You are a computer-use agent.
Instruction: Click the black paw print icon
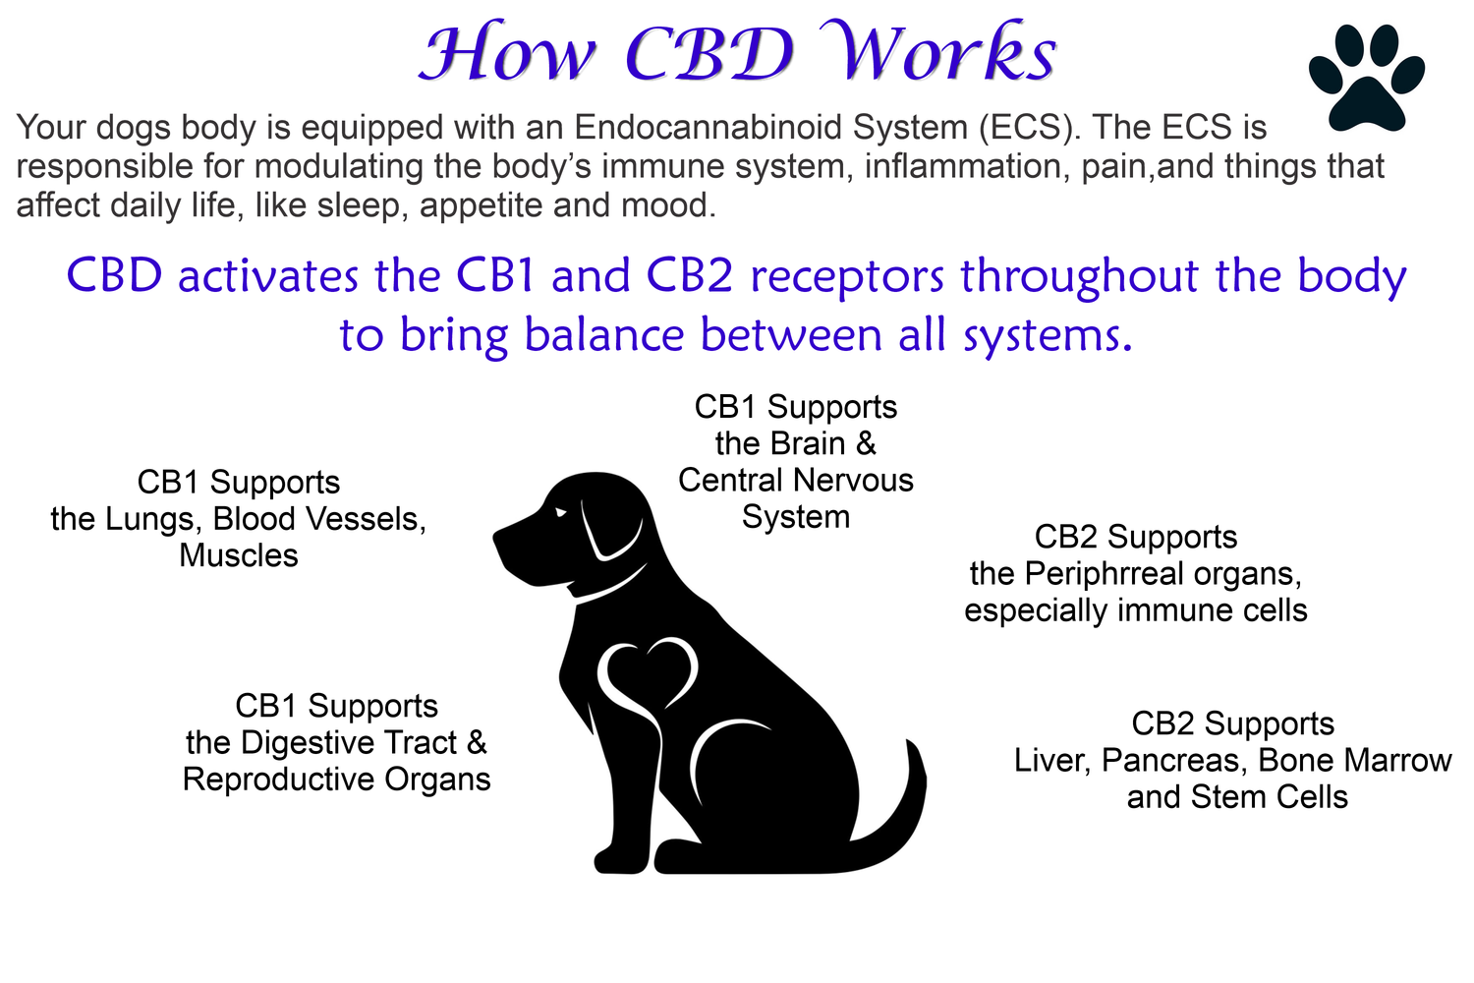pyautogui.click(x=1366, y=78)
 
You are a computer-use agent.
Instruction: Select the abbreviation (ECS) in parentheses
pyautogui.click(x=1030, y=128)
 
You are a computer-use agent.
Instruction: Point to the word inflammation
pyautogui.click(x=963, y=166)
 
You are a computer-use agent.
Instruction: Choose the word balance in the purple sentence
pyautogui.click(x=604, y=334)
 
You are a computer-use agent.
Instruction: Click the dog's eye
pyautogui.click(x=560, y=512)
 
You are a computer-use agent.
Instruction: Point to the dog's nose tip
pyautogui.click(x=496, y=538)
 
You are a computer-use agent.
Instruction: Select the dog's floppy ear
pyautogui.click(x=610, y=527)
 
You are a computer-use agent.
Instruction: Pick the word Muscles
pyautogui.click(x=238, y=555)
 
